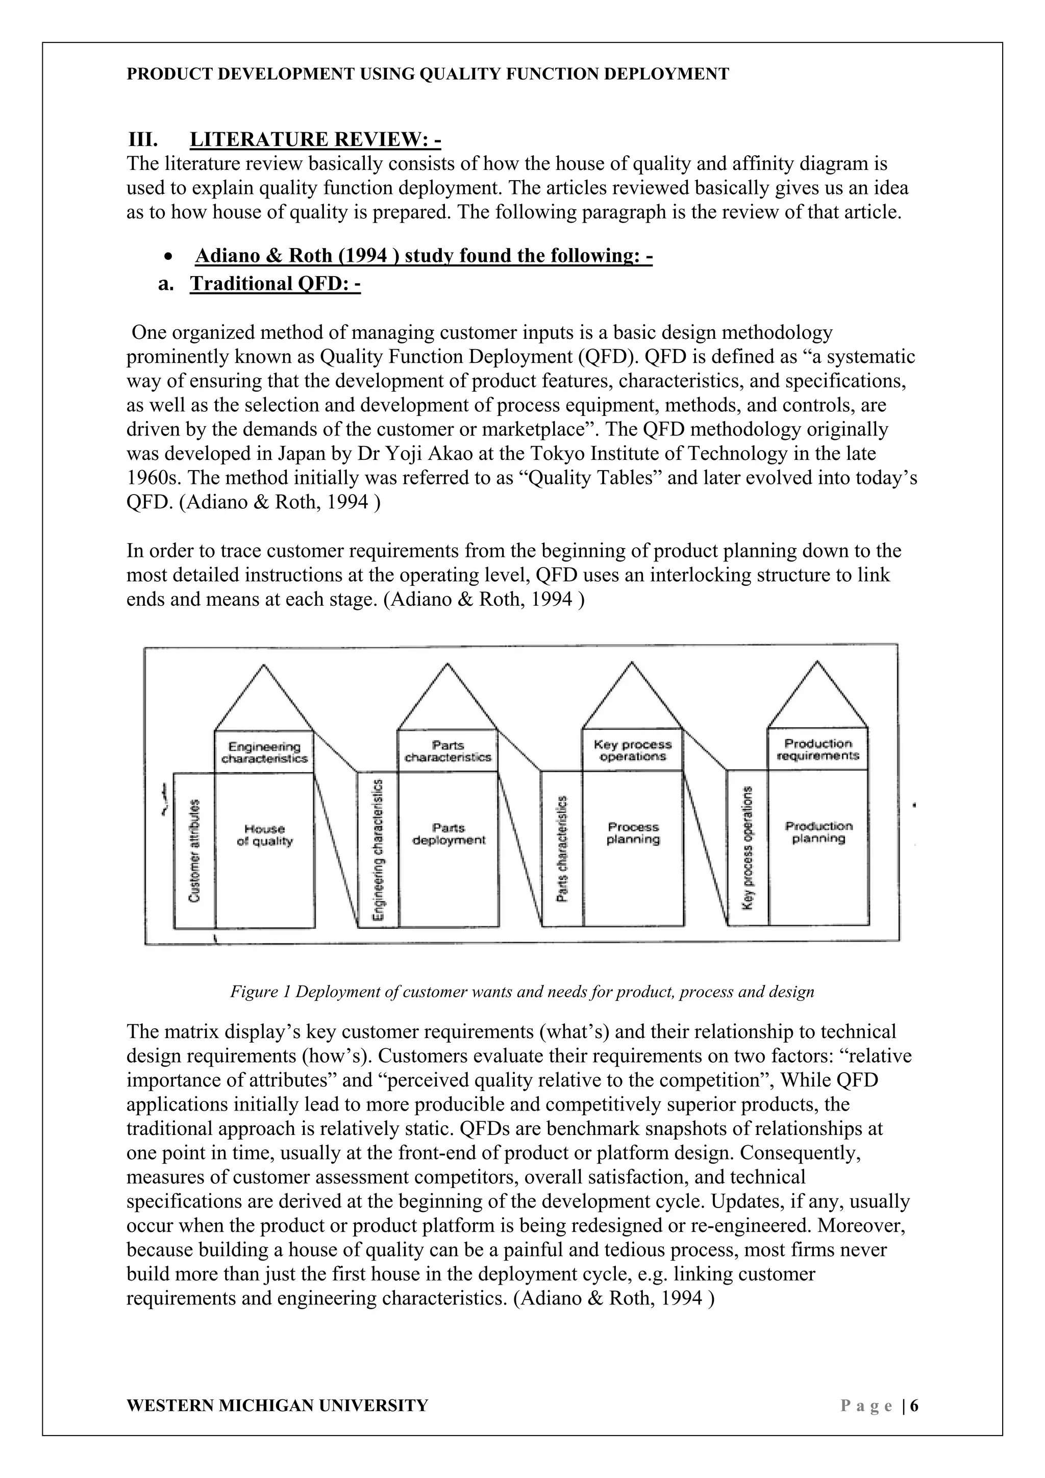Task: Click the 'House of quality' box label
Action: [x=264, y=835]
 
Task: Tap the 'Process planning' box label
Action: [x=633, y=833]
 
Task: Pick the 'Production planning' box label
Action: [x=818, y=832]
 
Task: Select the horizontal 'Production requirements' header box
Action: [x=818, y=749]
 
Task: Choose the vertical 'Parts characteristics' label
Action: [x=562, y=848]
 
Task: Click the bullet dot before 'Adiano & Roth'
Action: [x=168, y=257]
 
